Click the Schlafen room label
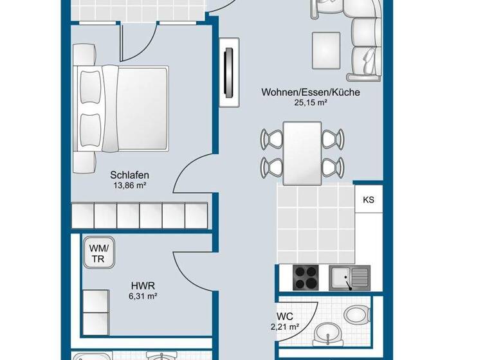(x=130, y=175)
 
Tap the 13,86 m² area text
(x=130, y=186)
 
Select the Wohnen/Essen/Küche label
(x=310, y=93)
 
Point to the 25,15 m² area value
(x=310, y=103)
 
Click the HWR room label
(x=143, y=285)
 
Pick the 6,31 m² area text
(x=143, y=296)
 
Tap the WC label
(x=285, y=317)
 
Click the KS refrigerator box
(x=369, y=200)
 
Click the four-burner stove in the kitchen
(x=308, y=278)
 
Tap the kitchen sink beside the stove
(x=349, y=278)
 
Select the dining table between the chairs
(x=302, y=152)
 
